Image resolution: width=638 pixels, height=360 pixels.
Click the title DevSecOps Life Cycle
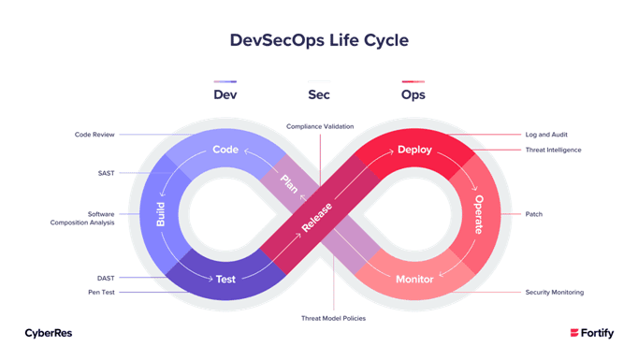click(319, 41)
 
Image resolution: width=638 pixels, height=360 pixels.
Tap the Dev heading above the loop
click(225, 94)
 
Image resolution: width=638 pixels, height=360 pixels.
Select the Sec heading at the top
click(319, 94)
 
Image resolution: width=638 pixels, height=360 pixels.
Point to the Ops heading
click(413, 94)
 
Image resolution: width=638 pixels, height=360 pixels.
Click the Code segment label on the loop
click(226, 150)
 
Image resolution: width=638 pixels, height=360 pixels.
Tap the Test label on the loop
click(226, 279)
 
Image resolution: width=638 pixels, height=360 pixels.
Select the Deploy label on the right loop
click(414, 150)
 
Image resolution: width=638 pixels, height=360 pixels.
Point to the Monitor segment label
click(414, 279)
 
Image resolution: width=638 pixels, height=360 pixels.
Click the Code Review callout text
click(94, 135)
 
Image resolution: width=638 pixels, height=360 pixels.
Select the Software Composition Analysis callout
click(88, 217)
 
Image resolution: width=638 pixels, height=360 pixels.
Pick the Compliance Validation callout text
click(319, 126)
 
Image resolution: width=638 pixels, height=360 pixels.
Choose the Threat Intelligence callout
click(553, 150)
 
